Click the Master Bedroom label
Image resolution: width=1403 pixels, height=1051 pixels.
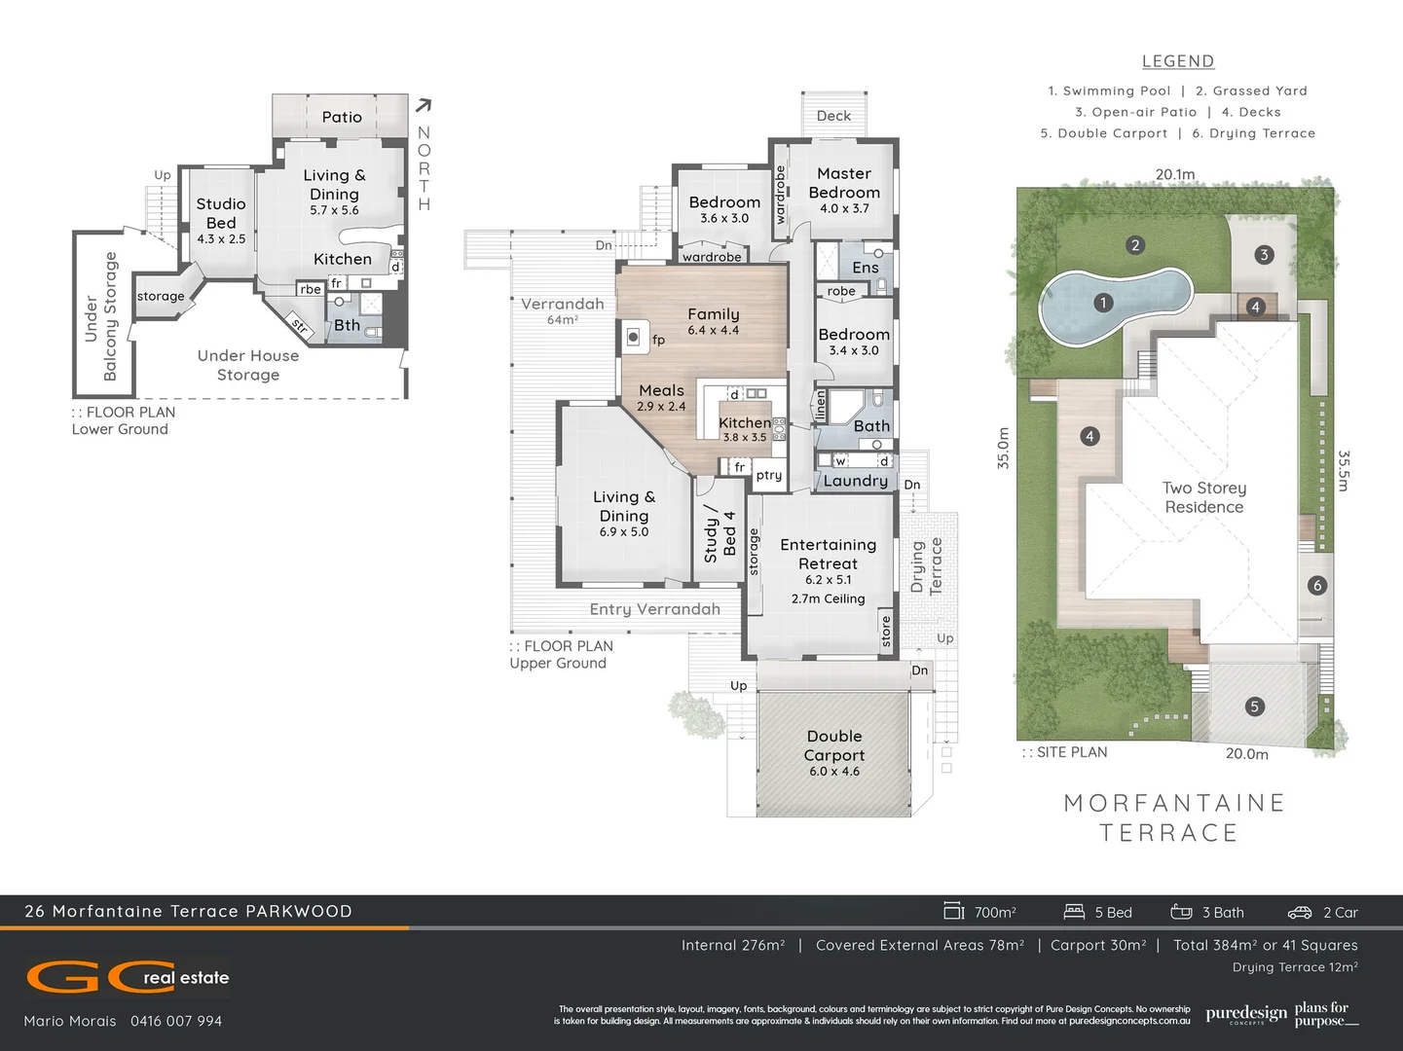(844, 183)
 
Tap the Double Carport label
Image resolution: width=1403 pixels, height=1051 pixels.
(834, 746)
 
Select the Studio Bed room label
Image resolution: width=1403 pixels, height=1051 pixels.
(221, 213)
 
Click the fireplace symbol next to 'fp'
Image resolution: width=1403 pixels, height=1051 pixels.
(633, 337)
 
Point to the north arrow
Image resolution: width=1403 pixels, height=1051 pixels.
(424, 105)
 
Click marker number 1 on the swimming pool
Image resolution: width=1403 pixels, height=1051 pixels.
(1102, 303)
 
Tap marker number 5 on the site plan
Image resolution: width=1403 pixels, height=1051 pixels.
(1254, 707)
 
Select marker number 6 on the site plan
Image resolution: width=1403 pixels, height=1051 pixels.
(1317, 585)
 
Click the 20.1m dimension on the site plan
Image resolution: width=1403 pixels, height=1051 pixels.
(1175, 174)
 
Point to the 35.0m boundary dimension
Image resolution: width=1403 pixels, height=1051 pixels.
(1003, 449)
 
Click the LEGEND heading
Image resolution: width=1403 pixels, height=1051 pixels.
(1178, 61)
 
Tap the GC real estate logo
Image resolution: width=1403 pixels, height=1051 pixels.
(127, 977)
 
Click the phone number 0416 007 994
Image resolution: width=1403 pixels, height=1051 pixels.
(176, 1021)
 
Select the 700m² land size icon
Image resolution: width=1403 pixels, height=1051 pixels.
(953, 911)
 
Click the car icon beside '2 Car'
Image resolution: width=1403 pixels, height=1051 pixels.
(1300, 912)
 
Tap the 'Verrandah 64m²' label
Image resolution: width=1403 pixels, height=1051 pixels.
(563, 310)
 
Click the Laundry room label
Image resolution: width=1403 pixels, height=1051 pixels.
(855, 481)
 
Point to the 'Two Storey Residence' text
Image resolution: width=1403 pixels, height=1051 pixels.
(1204, 497)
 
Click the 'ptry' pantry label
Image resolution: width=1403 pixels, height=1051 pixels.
(769, 475)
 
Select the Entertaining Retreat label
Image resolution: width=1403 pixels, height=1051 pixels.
(828, 554)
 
